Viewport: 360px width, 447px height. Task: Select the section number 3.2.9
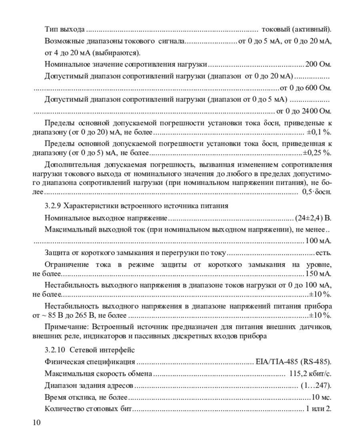tap(53, 206)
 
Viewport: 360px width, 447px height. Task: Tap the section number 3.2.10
tap(54, 350)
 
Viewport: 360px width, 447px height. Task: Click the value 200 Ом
tap(318, 64)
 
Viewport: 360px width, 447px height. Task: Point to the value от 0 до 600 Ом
tap(306, 88)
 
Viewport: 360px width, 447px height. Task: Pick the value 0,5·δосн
tap(317, 192)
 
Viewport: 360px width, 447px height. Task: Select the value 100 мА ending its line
tap(318, 241)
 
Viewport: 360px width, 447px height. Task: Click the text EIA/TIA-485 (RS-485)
tap(294, 362)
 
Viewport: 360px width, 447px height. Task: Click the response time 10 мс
tap(322, 397)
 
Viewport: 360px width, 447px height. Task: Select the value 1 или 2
tap(319, 409)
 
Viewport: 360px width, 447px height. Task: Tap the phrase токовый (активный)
tap(296, 29)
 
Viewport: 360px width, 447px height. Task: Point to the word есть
tap(324, 253)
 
